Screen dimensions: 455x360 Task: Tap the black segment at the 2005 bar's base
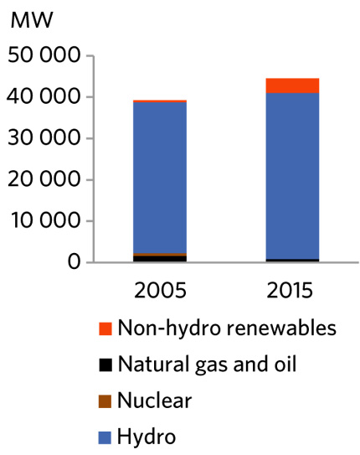[x=160, y=258]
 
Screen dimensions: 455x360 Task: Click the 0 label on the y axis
[x=73, y=262]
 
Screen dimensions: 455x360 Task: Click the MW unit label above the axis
[x=27, y=22]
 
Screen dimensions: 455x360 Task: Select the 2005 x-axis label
[x=160, y=292]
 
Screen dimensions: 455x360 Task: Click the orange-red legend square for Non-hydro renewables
[x=104, y=328]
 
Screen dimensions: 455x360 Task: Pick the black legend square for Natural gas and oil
[x=104, y=365]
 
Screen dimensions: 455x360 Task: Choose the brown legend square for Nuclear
[x=104, y=401]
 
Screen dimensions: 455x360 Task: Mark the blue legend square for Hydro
[x=104, y=437]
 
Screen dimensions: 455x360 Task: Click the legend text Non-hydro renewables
[x=227, y=328]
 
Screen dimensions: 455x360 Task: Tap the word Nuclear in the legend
[x=155, y=401]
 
